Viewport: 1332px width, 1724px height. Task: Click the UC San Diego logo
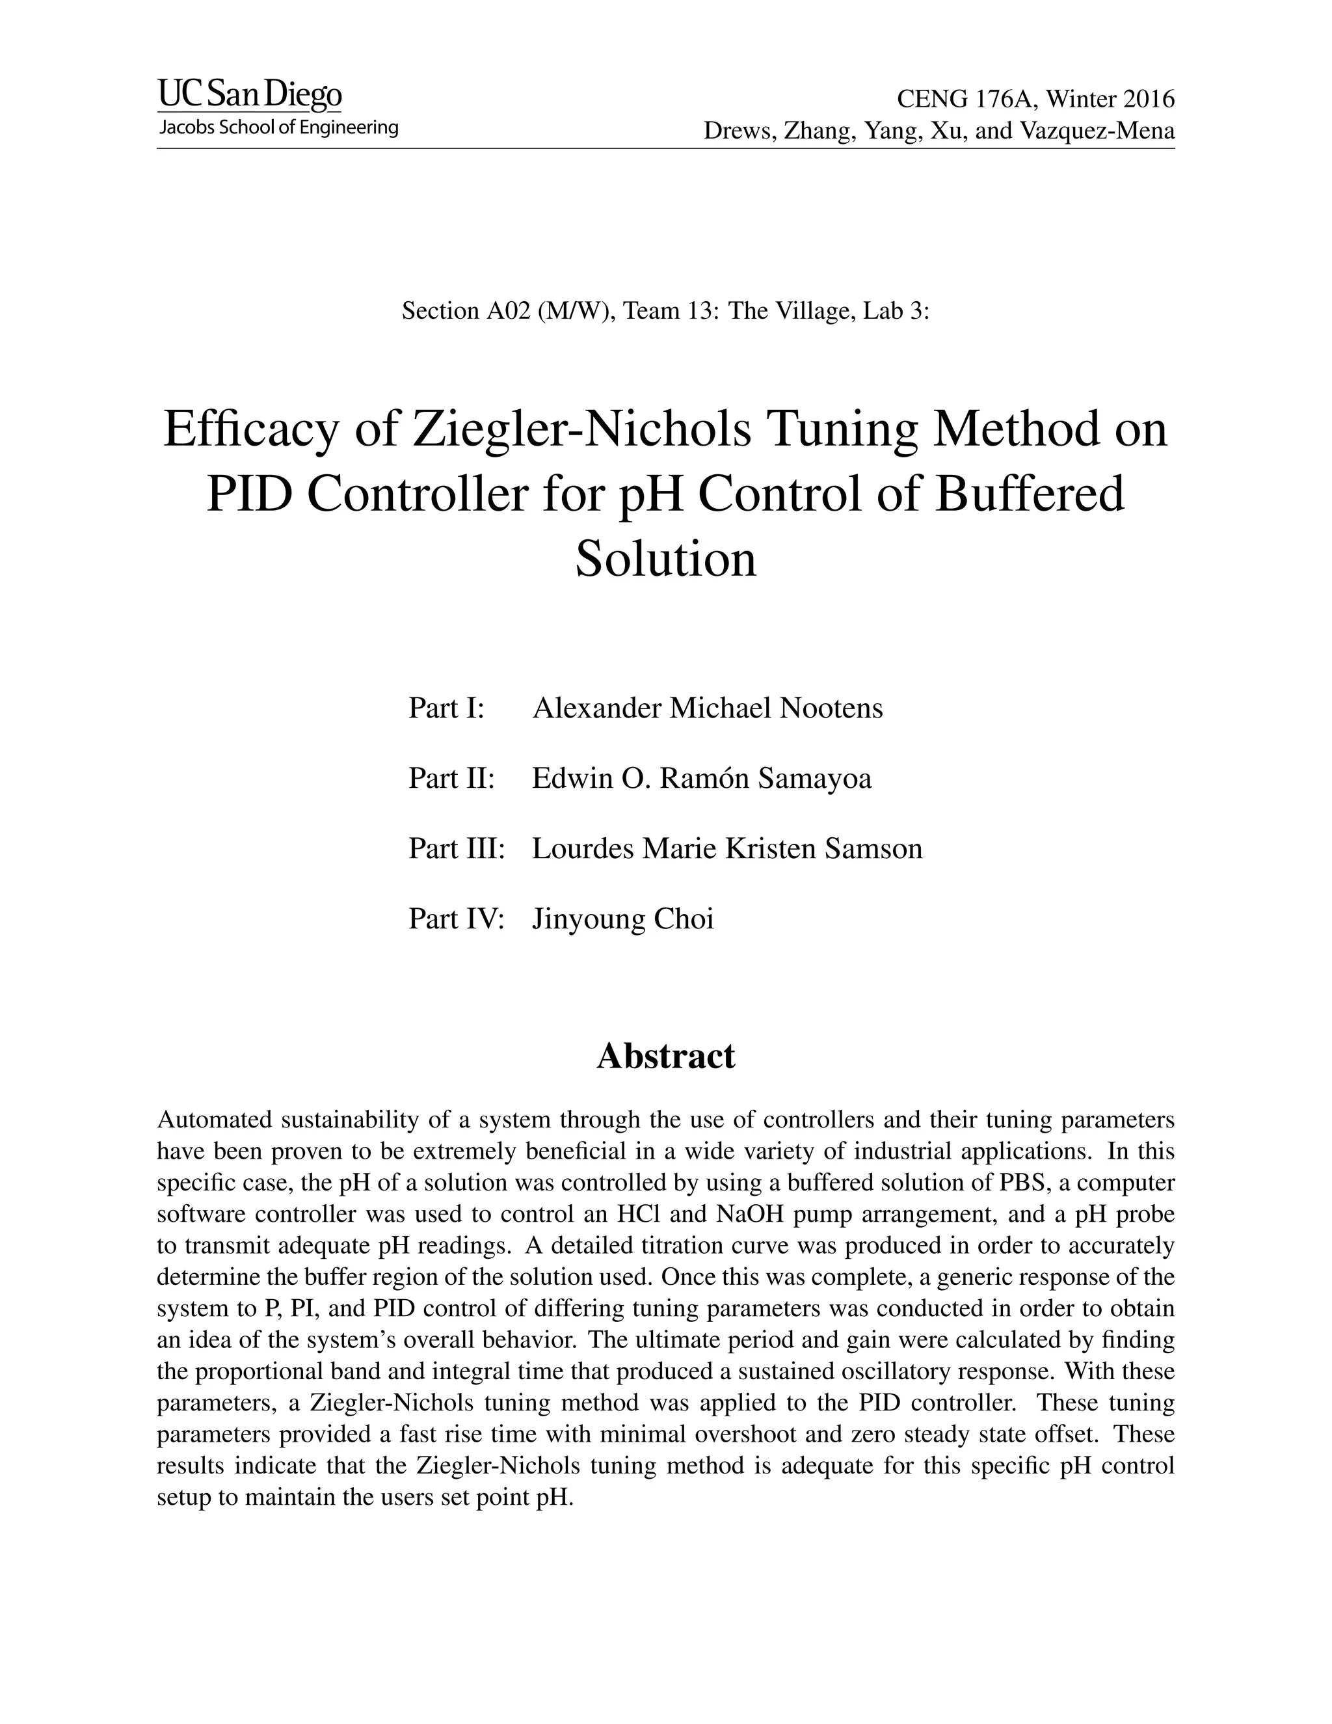pos(250,96)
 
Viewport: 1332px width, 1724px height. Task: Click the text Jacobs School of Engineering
pos(278,128)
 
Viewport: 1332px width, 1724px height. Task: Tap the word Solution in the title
pos(665,559)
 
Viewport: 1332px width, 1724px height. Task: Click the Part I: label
pos(445,708)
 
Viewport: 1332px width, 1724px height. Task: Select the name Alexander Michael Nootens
pos(708,708)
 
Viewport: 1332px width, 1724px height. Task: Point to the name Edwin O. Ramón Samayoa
pos(702,778)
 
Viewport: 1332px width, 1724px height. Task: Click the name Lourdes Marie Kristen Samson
pos(726,848)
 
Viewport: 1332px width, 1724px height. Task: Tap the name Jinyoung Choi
pos(622,919)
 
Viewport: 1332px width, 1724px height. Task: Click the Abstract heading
pos(665,1056)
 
